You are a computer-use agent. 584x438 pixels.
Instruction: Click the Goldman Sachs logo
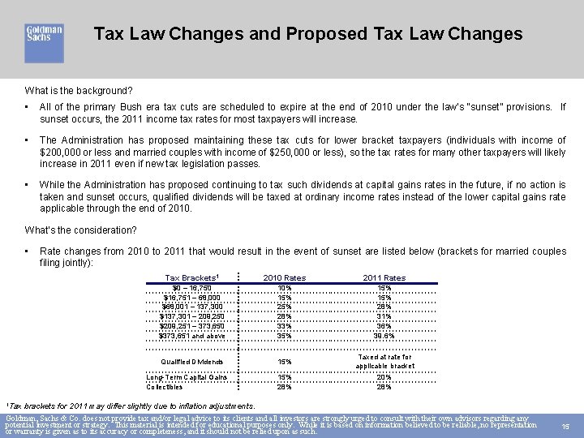(x=44, y=41)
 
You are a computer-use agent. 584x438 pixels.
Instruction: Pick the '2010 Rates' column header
(x=285, y=277)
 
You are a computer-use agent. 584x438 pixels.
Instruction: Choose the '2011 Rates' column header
(x=384, y=277)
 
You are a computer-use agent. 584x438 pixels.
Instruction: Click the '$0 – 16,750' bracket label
(x=193, y=288)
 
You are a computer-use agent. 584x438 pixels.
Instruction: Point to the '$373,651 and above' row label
(x=193, y=336)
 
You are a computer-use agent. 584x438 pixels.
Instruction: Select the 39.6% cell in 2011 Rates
(x=384, y=336)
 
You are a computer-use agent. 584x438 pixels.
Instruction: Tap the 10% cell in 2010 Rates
(x=285, y=288)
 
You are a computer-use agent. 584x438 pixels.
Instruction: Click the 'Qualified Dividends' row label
(x=193, y=362)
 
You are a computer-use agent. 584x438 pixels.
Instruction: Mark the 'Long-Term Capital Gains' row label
(x=187, y=377)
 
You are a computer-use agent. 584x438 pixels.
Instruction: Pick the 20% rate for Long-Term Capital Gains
(x=384, y=377)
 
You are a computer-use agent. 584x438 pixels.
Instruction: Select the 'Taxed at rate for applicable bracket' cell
(x=384, y=362)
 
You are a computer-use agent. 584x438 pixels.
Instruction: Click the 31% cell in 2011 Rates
(x=384, y=316)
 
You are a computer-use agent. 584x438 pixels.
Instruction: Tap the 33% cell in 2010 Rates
(x=285, y=326)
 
